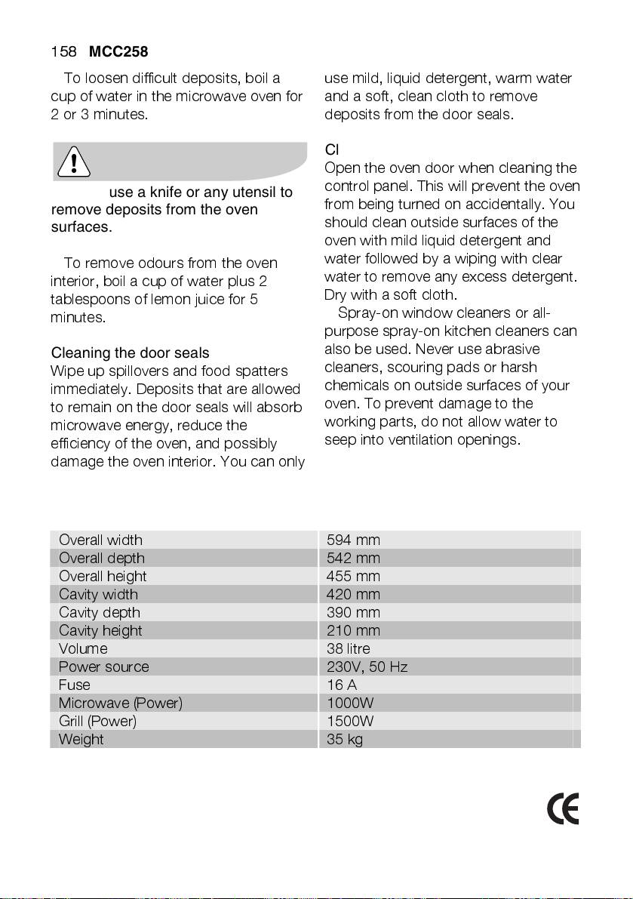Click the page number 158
[x=63, y=52]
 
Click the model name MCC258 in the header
[x=118, y=52]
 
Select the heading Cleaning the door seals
[x=130, y=353]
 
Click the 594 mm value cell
[x=353, y=540]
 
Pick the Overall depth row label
[x=102, y=559]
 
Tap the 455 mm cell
[x=353, y=577]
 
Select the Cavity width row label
[x=99, y=595]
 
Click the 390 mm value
[x=353, y=613]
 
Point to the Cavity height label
[x=100, y=631]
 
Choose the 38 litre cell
[x=349, y=649]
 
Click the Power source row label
[x=104, y=667]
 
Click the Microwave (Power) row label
[x=121, y=703]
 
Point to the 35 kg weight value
[x=345, y=740]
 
